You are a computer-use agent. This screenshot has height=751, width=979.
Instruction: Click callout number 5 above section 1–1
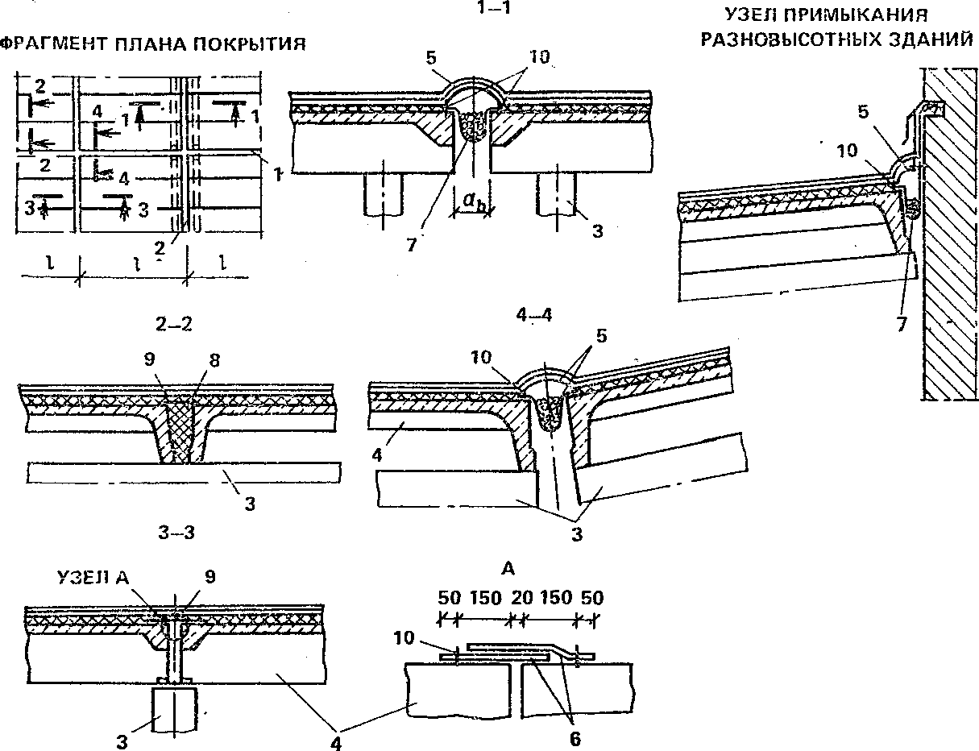(x=433, y=58)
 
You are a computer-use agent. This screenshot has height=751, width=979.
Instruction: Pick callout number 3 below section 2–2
(x=251, y=504)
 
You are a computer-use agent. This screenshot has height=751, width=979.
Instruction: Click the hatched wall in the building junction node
(x=951, y=242)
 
